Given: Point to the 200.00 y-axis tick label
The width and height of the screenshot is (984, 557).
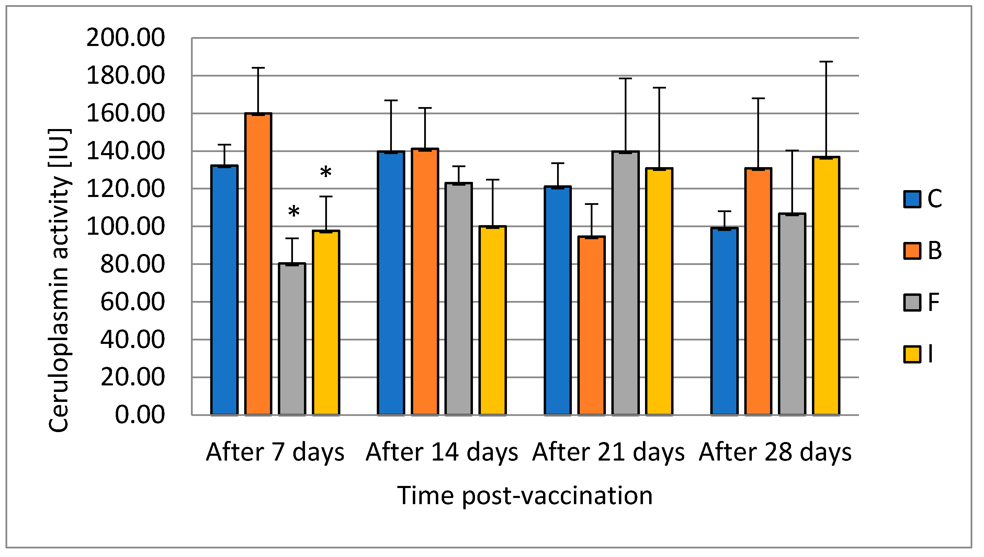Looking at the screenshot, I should (x=126, y=38).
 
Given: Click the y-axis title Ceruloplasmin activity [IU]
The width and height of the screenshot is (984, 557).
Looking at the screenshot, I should (x=59, y=281).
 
